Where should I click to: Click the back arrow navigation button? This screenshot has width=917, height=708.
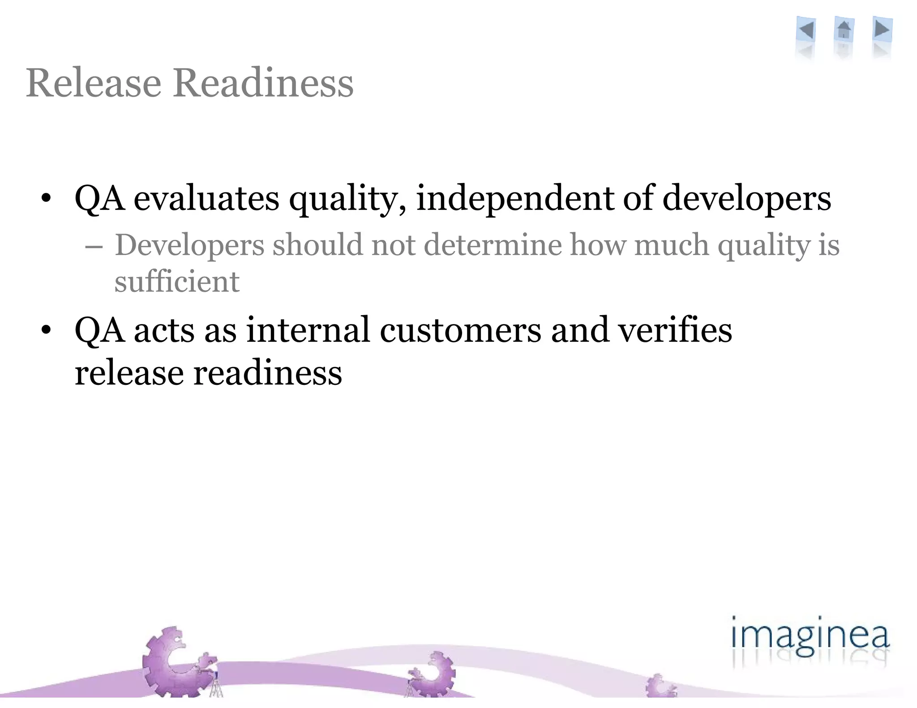click(806, 30)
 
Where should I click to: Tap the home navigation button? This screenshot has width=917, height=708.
click(844, 30)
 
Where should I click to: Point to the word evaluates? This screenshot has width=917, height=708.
click(206, 198)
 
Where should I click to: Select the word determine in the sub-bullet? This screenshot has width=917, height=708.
click(493, 245)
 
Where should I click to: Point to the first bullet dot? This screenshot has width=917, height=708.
click(46, 198)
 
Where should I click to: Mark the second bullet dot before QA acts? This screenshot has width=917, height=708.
click(46, 330)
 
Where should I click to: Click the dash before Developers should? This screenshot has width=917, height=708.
click(94, 247)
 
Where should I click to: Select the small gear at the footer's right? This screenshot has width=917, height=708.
click(660, 687)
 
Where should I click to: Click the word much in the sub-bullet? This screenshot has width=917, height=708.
click(672, 245)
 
